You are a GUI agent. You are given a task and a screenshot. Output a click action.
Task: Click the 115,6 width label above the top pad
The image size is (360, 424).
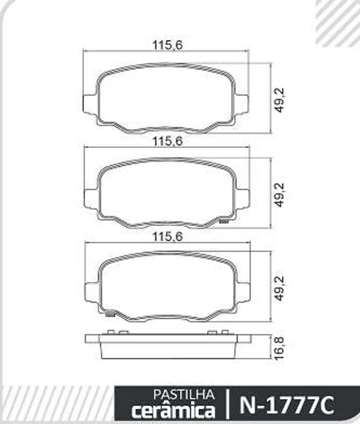[167, 45]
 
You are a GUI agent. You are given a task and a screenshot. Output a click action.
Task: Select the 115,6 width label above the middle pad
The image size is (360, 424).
[167, 141]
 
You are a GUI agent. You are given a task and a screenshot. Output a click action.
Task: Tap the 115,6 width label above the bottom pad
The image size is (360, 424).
[167, 237]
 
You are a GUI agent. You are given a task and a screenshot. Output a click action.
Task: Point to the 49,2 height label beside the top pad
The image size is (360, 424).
[279, 100]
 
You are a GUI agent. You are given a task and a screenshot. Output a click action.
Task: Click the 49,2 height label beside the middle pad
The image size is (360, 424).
[279, 195]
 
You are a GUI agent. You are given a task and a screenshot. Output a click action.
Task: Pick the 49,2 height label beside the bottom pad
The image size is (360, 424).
[279, 288]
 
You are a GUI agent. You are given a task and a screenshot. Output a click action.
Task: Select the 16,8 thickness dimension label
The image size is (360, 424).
[279, 348]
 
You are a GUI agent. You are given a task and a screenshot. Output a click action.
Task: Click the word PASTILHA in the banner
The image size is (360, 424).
[184, 395]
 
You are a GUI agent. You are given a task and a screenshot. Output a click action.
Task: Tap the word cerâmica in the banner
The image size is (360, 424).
[173, 410]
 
